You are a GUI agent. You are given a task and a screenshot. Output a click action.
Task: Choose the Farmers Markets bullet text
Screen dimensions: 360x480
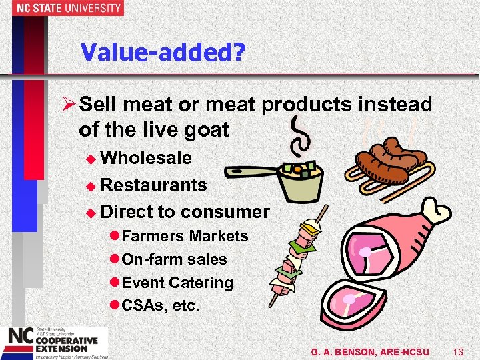pyautogui.click(x=185, y=236)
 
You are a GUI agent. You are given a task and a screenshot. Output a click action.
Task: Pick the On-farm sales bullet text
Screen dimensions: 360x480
pyautogui.click(x=174, y=259)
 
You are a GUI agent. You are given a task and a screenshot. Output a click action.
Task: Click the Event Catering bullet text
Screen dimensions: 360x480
pyautogui.click(x=178, y=283)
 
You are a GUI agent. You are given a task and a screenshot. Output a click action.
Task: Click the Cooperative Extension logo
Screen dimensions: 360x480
pyautogui.click(x=53, y=342)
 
